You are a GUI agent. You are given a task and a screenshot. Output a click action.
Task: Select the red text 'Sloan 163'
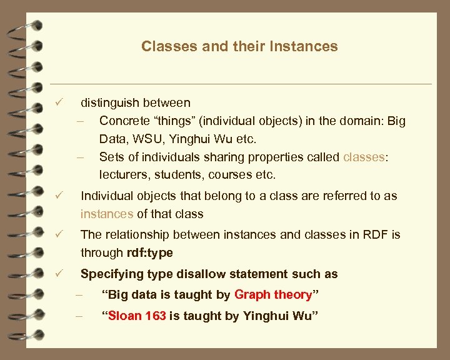point(137,316)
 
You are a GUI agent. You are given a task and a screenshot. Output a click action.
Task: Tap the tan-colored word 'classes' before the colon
point(363,156)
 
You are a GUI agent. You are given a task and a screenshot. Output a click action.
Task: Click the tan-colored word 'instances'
point(107,214)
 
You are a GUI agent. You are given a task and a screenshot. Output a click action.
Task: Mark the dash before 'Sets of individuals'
point(80,156)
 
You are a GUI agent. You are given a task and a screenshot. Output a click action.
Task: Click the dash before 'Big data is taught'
point(79,294)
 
